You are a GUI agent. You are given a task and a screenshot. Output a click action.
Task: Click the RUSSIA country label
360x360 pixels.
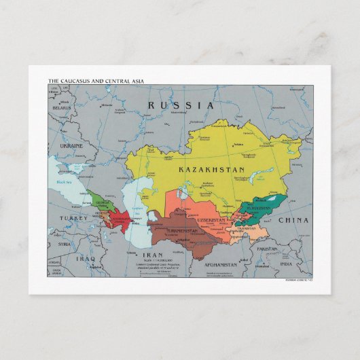181,105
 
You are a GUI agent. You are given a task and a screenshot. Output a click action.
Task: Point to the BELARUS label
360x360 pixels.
62,107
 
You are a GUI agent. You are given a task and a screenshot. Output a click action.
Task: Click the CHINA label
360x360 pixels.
293,220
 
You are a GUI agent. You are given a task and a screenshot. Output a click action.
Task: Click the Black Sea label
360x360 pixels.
65,182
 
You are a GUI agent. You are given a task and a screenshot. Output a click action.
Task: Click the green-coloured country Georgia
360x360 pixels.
102,202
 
